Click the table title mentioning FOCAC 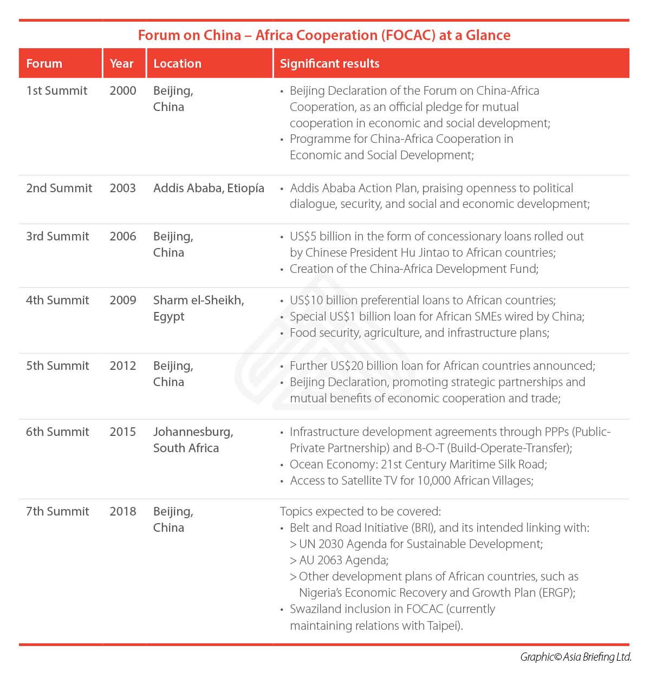[324, 35]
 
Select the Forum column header [44, 63]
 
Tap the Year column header [121, 63]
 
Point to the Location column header [177, 63]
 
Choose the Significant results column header [329, 63]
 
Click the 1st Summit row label [56, 90]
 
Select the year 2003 [123, 188]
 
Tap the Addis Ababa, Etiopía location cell [209, 188]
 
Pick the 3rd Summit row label [57, 236]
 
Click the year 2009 [123, 300]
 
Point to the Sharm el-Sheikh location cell [198, 308]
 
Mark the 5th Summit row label [57, 366]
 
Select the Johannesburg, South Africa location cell [193, 440]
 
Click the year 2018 [123, 511]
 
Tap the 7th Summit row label [57, 511]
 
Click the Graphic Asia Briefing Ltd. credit [576, 657]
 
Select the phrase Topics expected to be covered [360, 511]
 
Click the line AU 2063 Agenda [343, 560]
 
